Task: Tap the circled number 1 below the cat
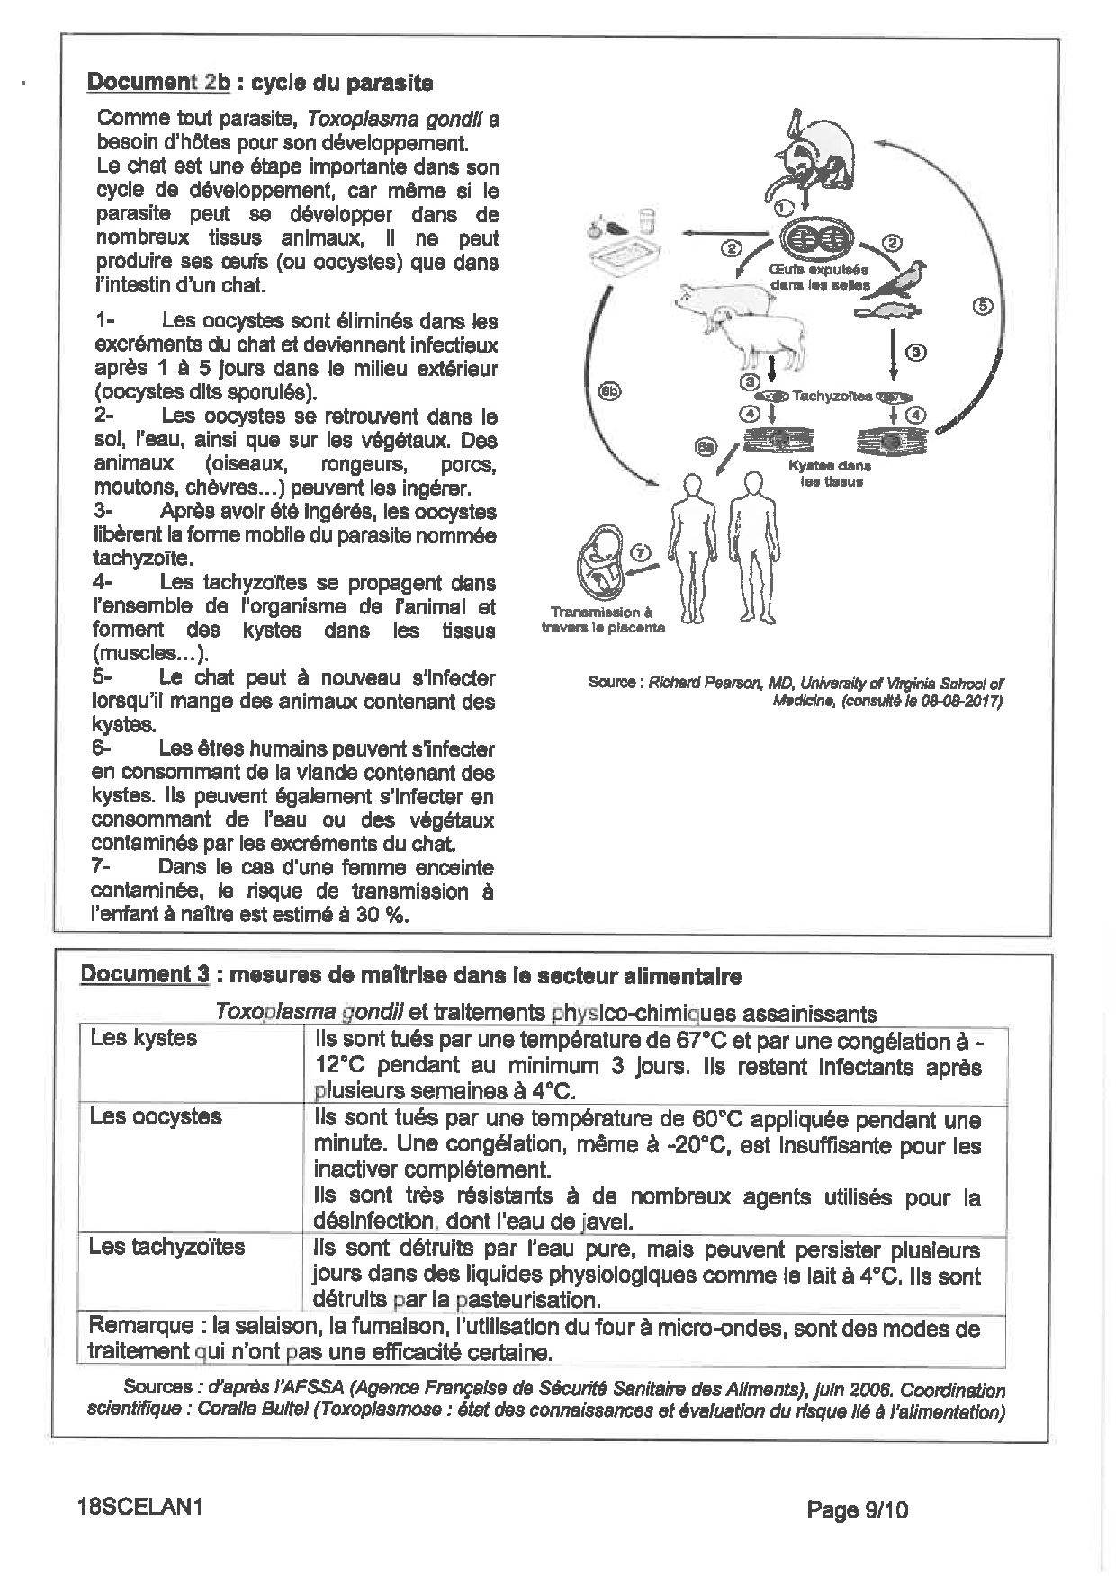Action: point(784,207)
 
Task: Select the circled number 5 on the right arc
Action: point(983,306)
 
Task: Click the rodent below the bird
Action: point(886,312)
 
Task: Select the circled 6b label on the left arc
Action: point(609,390)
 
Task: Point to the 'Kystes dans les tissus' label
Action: point(831,473)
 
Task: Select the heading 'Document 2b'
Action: point(158,83)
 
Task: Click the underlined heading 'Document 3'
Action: point(145,975)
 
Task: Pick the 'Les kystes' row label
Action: point(144,1038)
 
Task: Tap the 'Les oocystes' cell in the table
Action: point(156,1116)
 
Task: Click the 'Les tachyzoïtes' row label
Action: point(167,1247)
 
